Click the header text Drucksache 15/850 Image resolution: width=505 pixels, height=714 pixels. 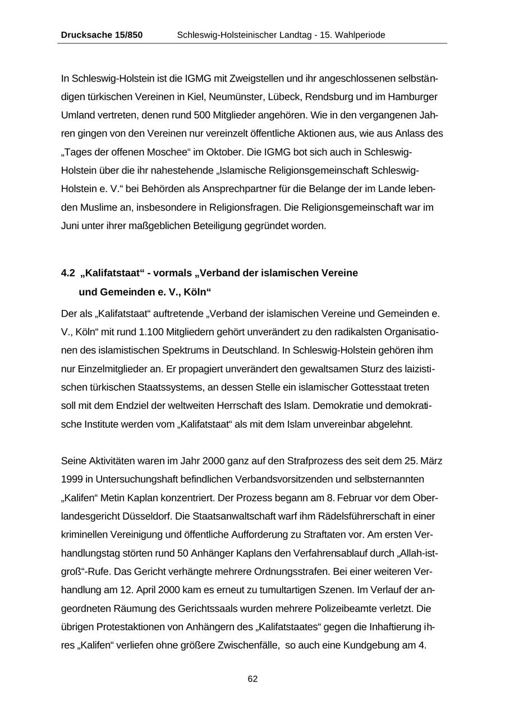[102, 35]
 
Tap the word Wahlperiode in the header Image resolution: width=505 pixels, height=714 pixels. [360, 35]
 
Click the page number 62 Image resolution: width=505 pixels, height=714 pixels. [252, 679]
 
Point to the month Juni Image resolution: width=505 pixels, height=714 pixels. [71, 226]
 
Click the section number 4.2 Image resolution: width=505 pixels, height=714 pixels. [68, 273]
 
